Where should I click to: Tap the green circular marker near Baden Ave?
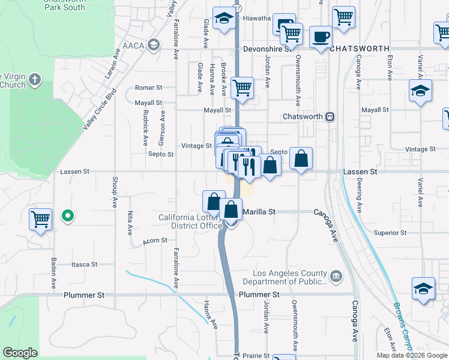68,216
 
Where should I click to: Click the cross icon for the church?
35,79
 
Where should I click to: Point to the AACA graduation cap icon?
154,45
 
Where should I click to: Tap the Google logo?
20,353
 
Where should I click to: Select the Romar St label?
149,88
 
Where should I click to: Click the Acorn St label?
155,241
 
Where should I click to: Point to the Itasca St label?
84,265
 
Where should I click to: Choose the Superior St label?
390,233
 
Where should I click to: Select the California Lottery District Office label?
188,221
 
